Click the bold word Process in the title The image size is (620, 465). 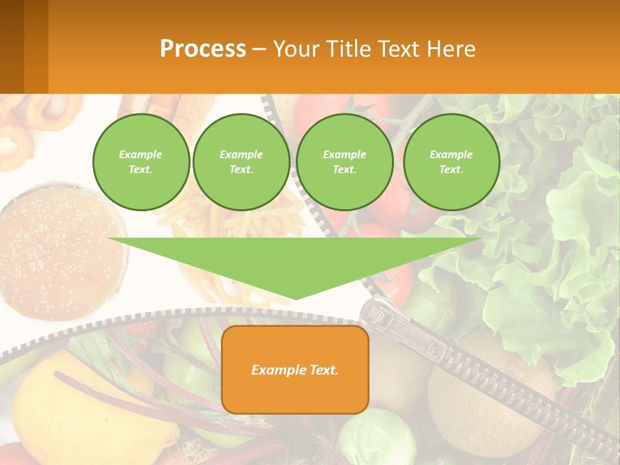tap(203, 49)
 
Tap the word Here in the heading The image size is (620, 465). tap(451, 49)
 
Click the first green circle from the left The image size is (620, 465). tap(141, 162)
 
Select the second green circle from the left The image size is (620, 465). tap(242, 162)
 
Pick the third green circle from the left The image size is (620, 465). tap(345, 162)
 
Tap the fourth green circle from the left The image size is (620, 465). tap(451, 162)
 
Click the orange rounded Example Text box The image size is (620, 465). tap(295, 369)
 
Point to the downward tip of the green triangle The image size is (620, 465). tap(295, 298)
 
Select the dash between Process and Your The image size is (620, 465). tap(259, 49)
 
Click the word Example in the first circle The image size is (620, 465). tap(141, 154)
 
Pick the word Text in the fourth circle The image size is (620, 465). tap(450, 170)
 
